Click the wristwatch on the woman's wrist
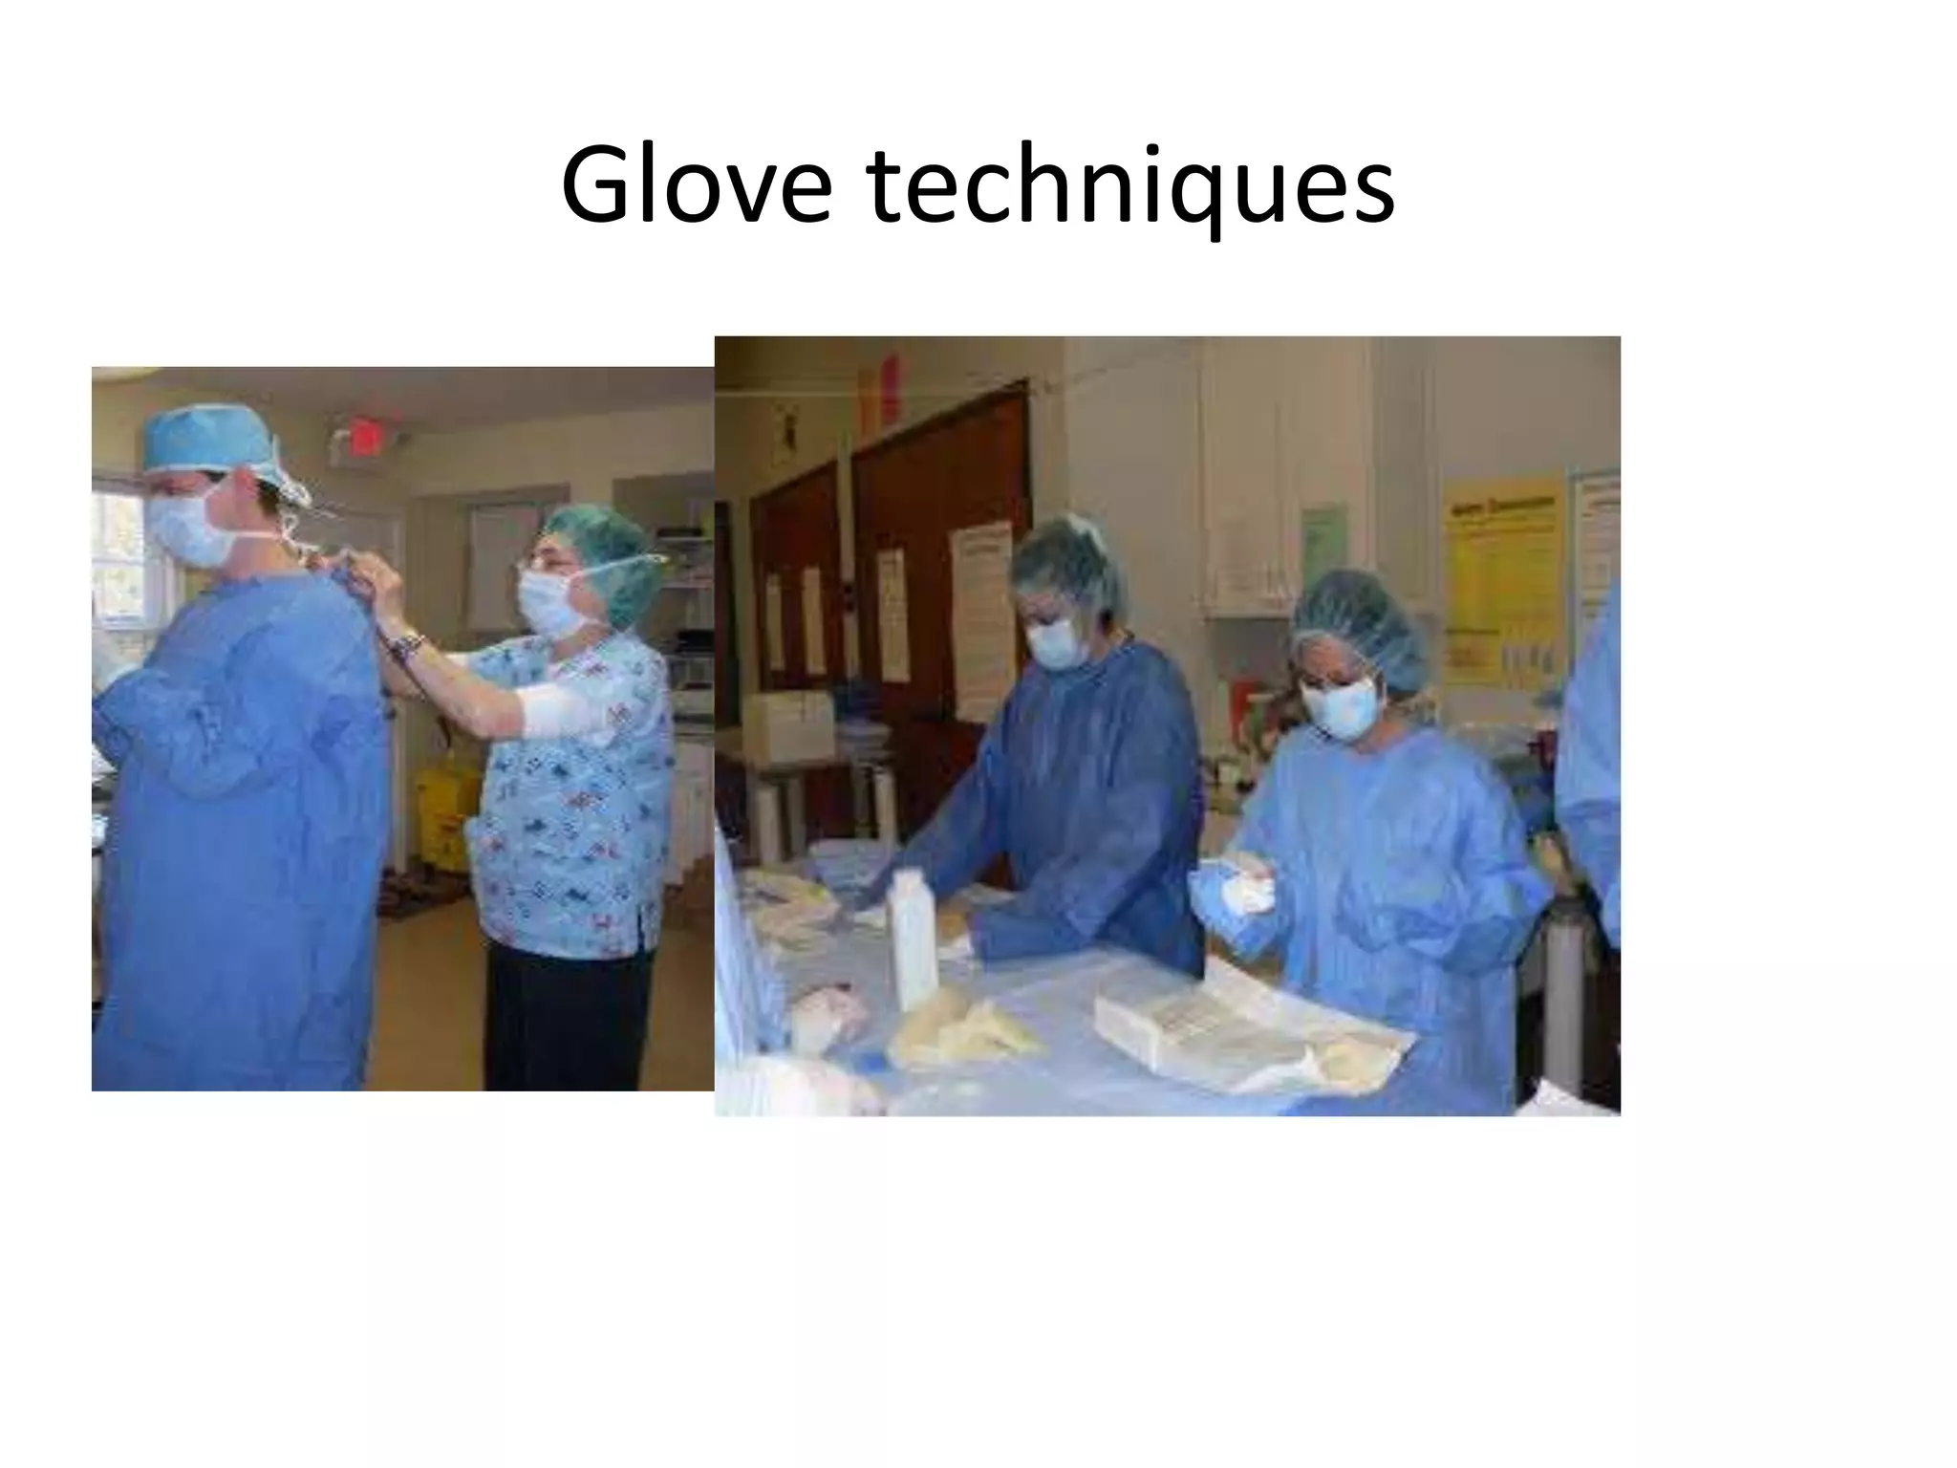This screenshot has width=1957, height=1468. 409,646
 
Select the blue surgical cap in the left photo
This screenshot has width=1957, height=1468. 212,441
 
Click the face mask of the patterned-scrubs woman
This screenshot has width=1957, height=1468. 553,603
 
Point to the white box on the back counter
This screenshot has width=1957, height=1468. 789,725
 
